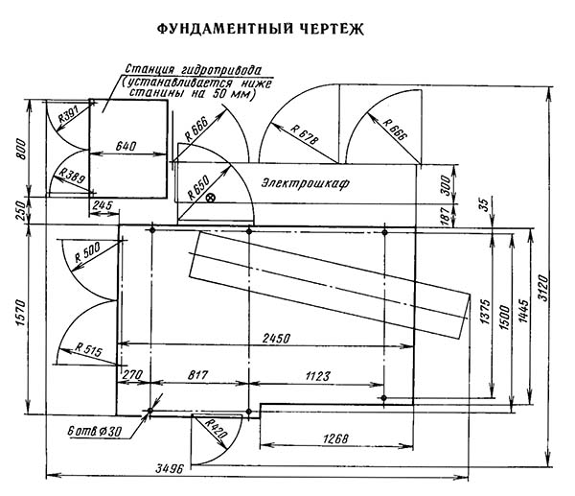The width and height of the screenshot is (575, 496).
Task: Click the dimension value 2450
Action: pyautogui.click(x=276, y=337)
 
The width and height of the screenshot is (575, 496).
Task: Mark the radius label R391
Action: pyautogui.click(x=69, y=114)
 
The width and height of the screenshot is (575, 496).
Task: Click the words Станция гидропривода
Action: pyautogui.click(x=197, y=70)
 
